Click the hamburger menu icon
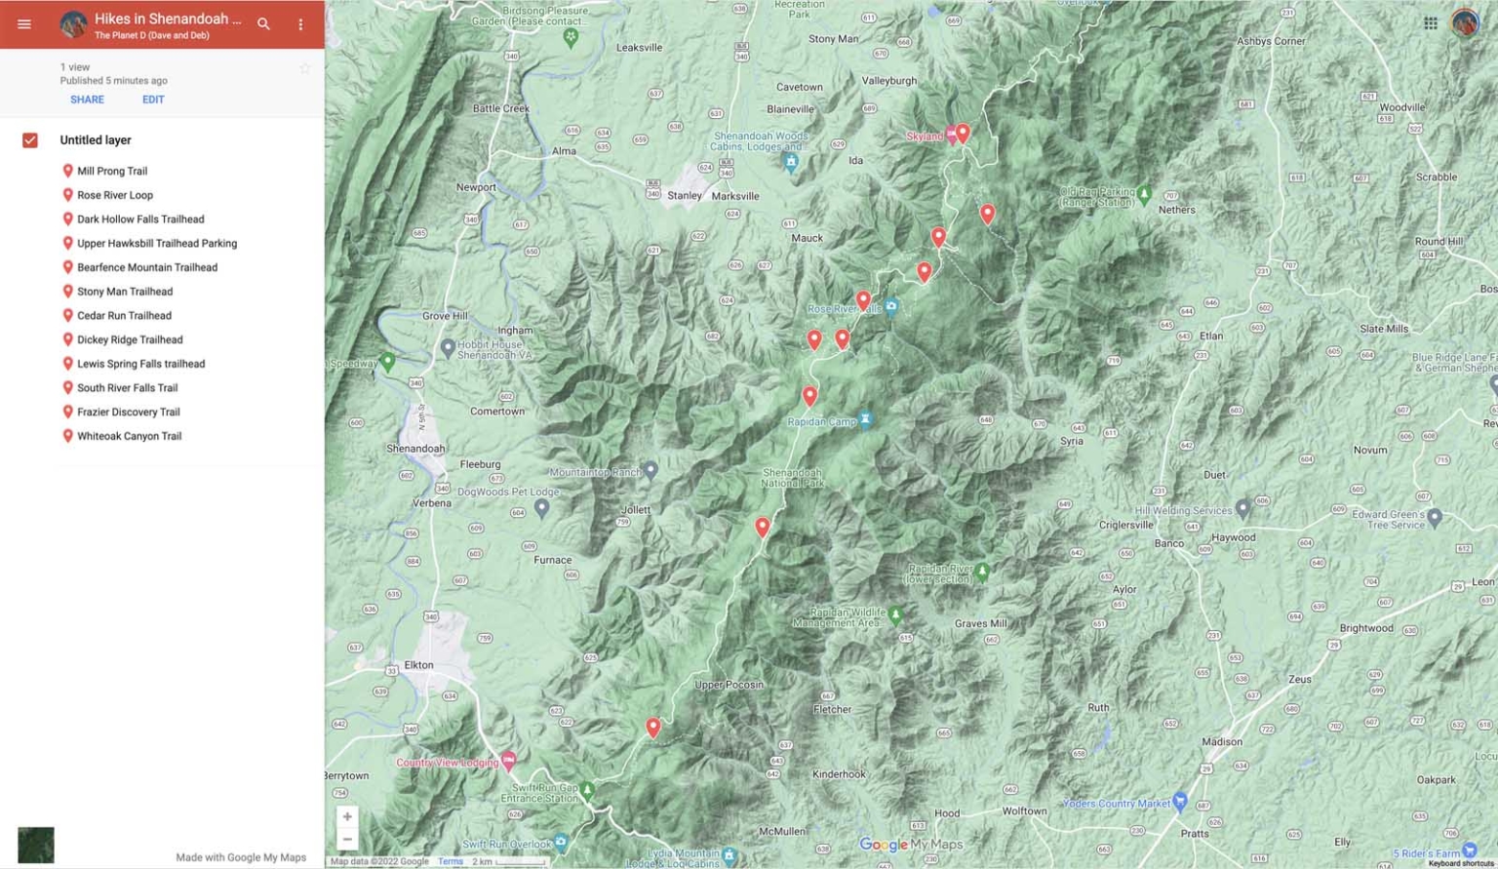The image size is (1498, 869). click(24, 23)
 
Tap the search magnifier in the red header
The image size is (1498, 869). click(263, 23)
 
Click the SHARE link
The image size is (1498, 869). click(87, 99)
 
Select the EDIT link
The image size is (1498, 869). click(153, 99)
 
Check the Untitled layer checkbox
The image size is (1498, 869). click(30, 140)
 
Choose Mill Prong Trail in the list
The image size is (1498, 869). click(112, 171)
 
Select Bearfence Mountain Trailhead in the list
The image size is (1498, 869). click(147, 267)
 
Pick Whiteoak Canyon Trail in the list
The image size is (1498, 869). click(129, 436)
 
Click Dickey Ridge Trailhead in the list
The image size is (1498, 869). click(130, 339)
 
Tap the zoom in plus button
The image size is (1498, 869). click(347, 816)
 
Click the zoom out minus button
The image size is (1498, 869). click(347, 839)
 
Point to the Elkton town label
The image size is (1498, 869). click(418, 665)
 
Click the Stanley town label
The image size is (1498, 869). click(684, 195)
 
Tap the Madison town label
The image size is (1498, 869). click(1222, 741)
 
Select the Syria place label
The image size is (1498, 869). click(1071, 441)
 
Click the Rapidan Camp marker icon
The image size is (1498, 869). click(865, 420)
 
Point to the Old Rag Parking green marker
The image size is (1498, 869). click(1144, 192)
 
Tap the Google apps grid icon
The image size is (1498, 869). click(1430, 23)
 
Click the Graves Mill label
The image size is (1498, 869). click(980, 623)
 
